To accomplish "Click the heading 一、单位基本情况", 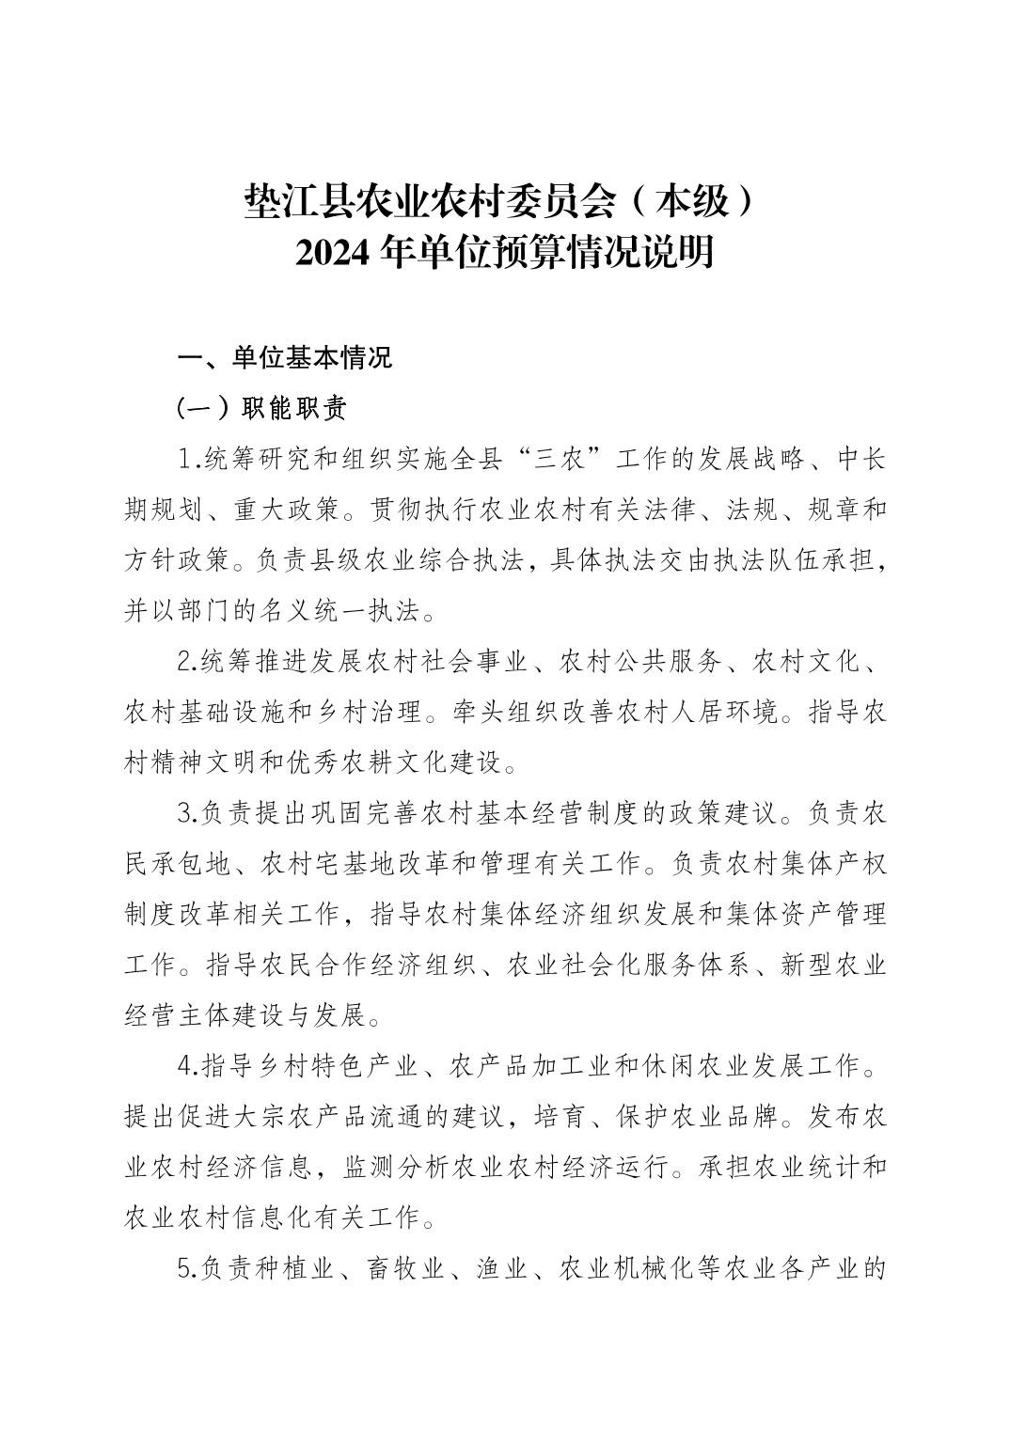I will (x=285, y=358).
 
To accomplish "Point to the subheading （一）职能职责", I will (x=262, y=409).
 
